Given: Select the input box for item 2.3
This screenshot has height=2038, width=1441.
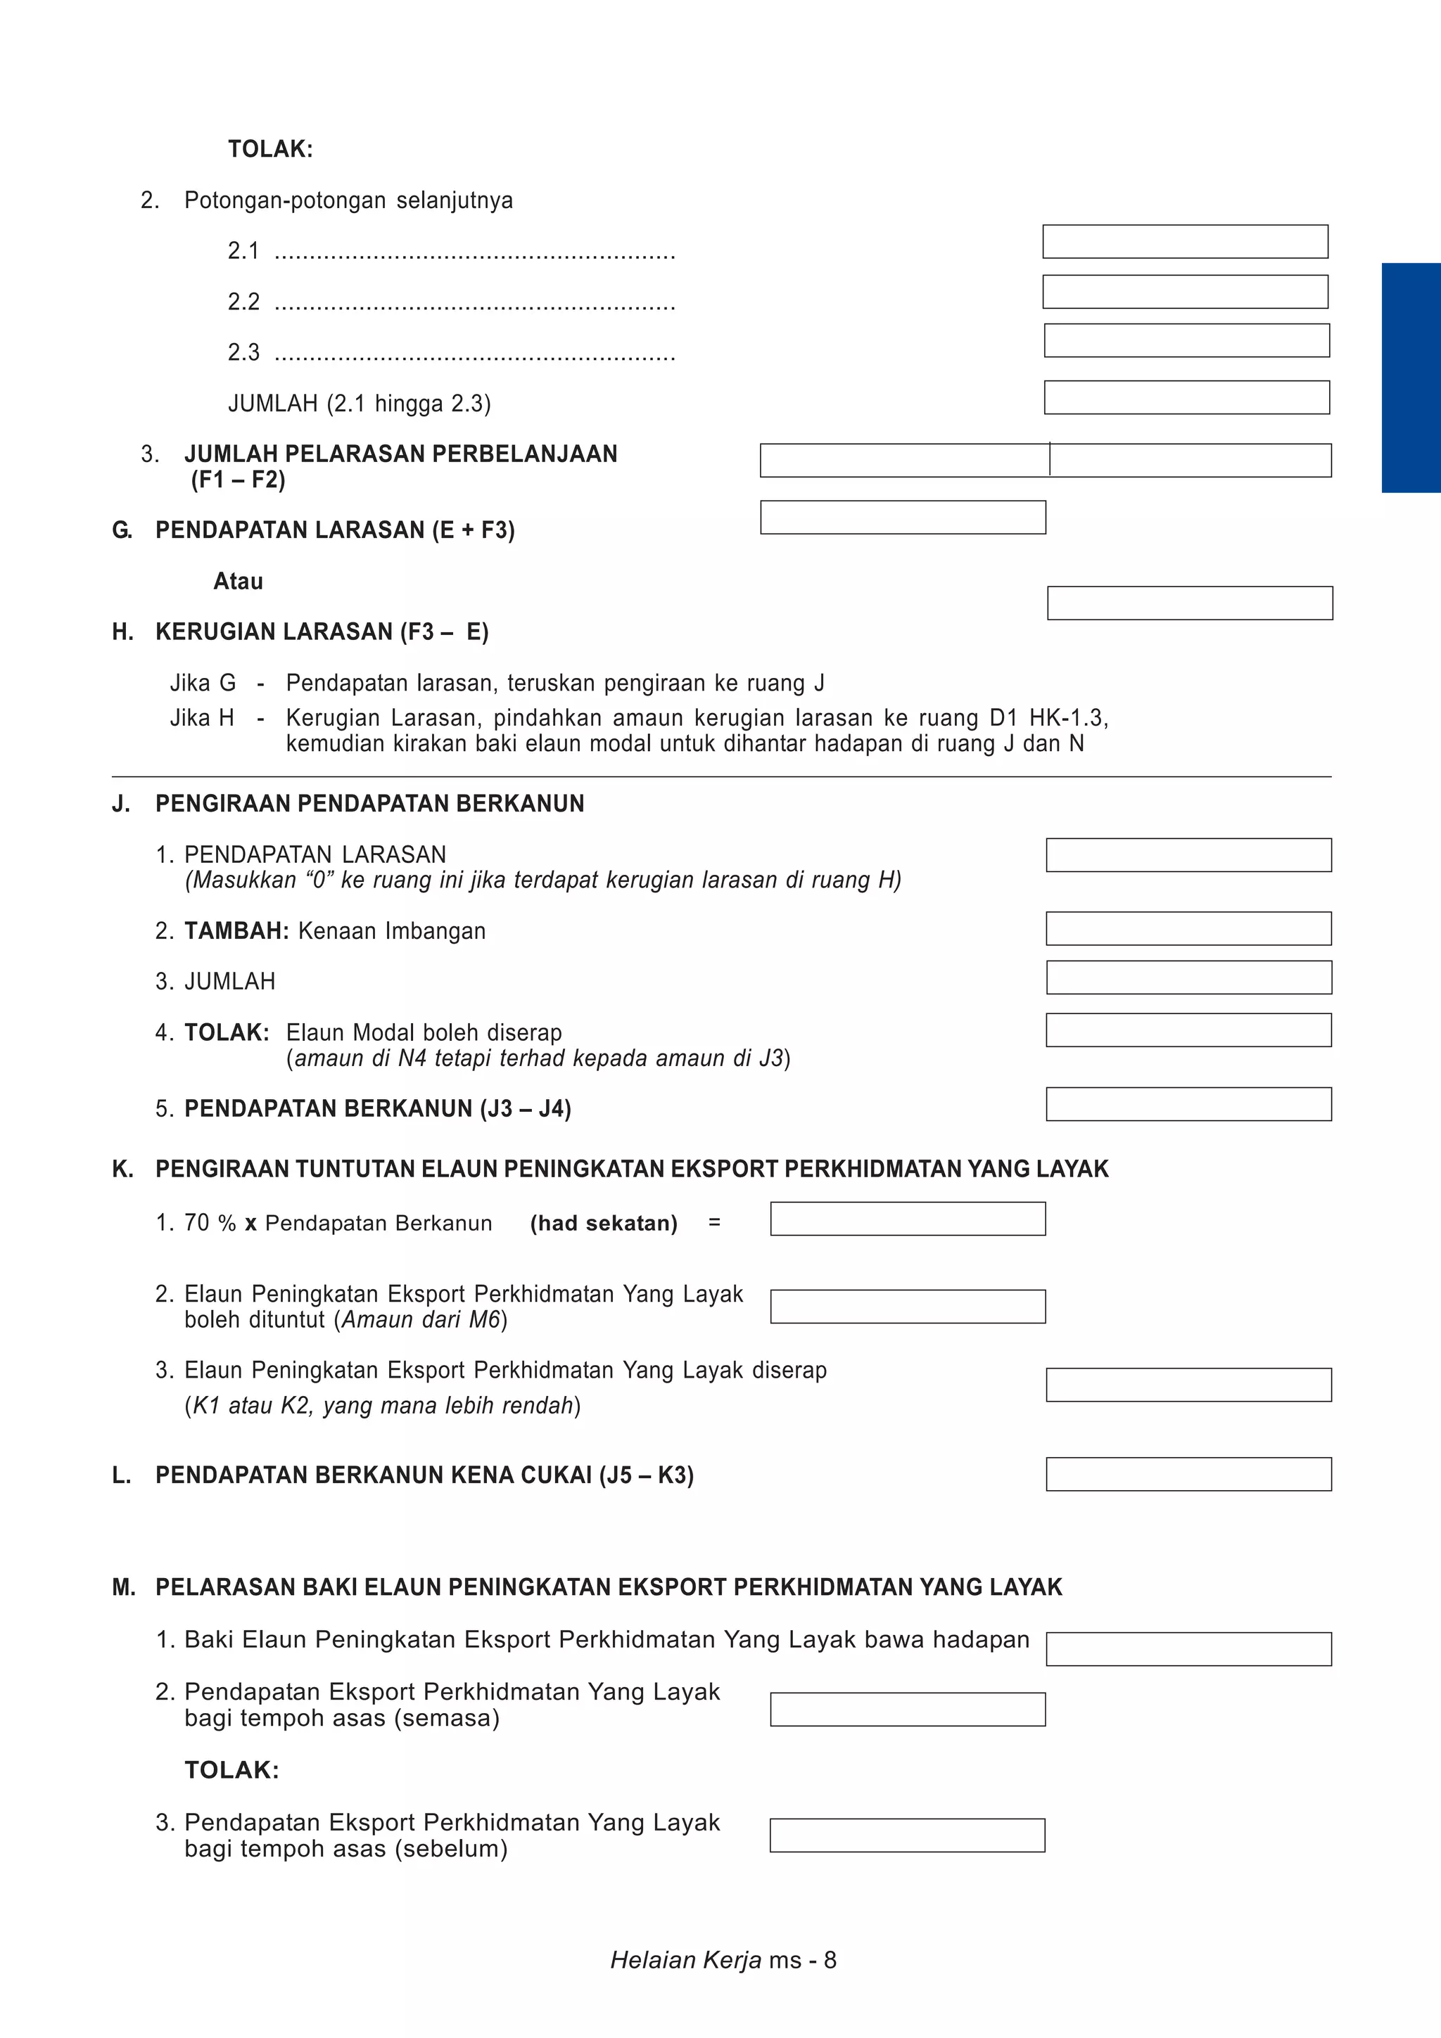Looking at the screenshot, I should (x=1186, y=341).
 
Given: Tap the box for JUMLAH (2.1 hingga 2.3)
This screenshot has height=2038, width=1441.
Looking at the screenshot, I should (x=1186, y=397).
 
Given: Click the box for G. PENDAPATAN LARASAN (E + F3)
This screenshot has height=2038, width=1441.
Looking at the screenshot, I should (x=903, y=518).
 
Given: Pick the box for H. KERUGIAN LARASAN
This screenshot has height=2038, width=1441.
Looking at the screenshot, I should (x=1190, y=603).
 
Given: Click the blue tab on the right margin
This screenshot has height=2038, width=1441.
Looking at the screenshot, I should (x=1410, y=377).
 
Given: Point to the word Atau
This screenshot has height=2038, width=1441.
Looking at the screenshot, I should (x=238, y=582).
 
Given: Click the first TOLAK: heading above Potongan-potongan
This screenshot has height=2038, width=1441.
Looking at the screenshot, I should (x=270, y=149).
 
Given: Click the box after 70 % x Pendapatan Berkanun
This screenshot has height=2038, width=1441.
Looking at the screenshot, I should (x=908, y=1219).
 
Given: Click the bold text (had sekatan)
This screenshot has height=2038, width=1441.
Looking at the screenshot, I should (x=604, y=1223).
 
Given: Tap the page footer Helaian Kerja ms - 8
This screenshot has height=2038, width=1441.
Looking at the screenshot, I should (x=723, y=1960).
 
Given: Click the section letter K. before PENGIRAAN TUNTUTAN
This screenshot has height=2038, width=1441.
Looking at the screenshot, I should (x=122, y=1169).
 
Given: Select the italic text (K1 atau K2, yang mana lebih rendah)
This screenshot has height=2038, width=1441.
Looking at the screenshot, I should (x=382, y=1406).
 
